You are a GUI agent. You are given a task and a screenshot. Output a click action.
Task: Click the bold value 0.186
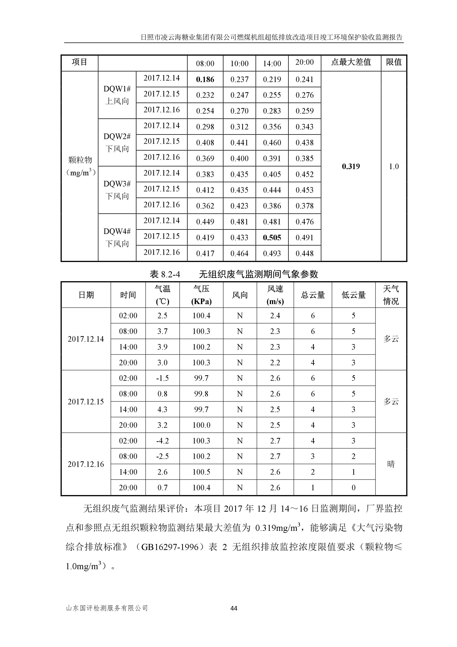pyautogui.click(x=205, y=79)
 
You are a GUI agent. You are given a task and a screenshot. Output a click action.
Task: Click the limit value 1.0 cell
pyautogui.click(x=394, y=166)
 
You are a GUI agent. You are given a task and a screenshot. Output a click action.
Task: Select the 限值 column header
pyautogui.click(x=394, y=62)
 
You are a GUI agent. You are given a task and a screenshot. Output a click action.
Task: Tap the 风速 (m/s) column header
pyautogui.click(x=275, y=295)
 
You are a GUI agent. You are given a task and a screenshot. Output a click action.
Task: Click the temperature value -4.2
pyautogui.click(x=162, y=441)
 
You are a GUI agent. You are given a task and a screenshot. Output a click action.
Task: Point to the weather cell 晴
pyautogui.click(x=391, y=464)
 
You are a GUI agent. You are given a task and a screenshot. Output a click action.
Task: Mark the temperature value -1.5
pyautogui.click(x=162, y=378)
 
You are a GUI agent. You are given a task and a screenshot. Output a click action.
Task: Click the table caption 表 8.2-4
pyautogui.click(x=165, y=274)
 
